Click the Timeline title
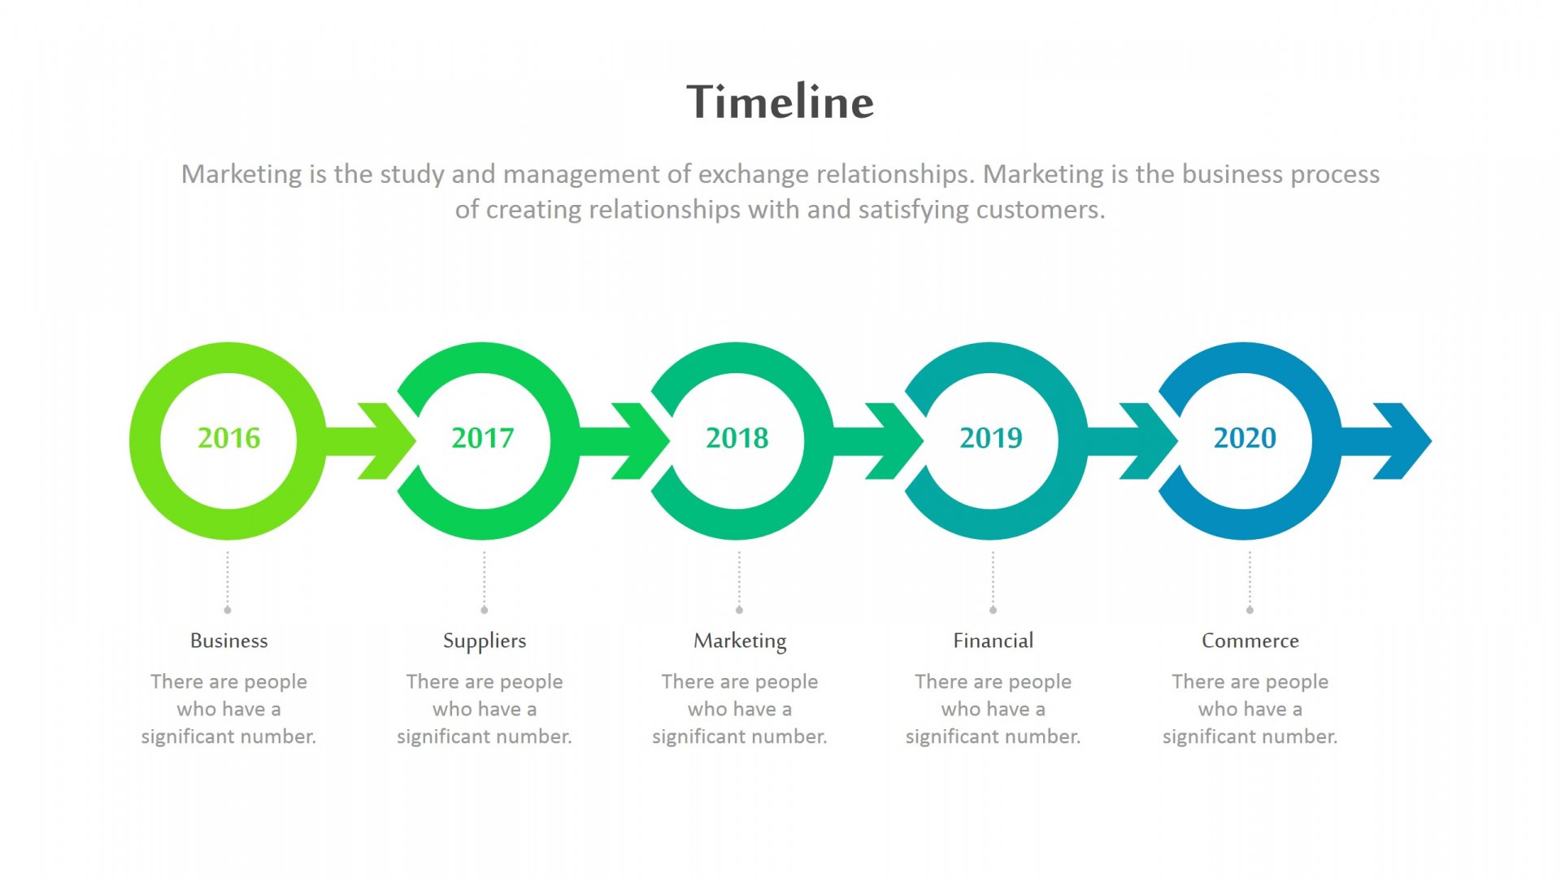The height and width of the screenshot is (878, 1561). (780, 102)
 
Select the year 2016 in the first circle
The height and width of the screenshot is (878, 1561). (229, 438)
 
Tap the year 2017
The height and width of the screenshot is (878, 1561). (483, 438)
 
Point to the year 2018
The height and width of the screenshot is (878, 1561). (737, 438)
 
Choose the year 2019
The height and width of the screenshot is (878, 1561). (991, 438)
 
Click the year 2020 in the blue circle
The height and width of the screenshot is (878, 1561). (1245, 438)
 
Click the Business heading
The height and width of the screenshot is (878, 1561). (229, 641)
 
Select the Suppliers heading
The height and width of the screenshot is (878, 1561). (485, 641)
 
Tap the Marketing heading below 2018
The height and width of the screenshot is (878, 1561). (740, 641)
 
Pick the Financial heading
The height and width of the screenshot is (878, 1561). (994, 641)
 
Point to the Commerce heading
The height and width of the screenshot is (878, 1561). (1250, 641)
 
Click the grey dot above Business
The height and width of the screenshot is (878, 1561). (228, 610)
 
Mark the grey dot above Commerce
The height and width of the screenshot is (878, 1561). (1250, 610)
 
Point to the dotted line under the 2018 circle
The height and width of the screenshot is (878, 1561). (739, 579)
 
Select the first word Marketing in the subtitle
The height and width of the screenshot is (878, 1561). (241, 175)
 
